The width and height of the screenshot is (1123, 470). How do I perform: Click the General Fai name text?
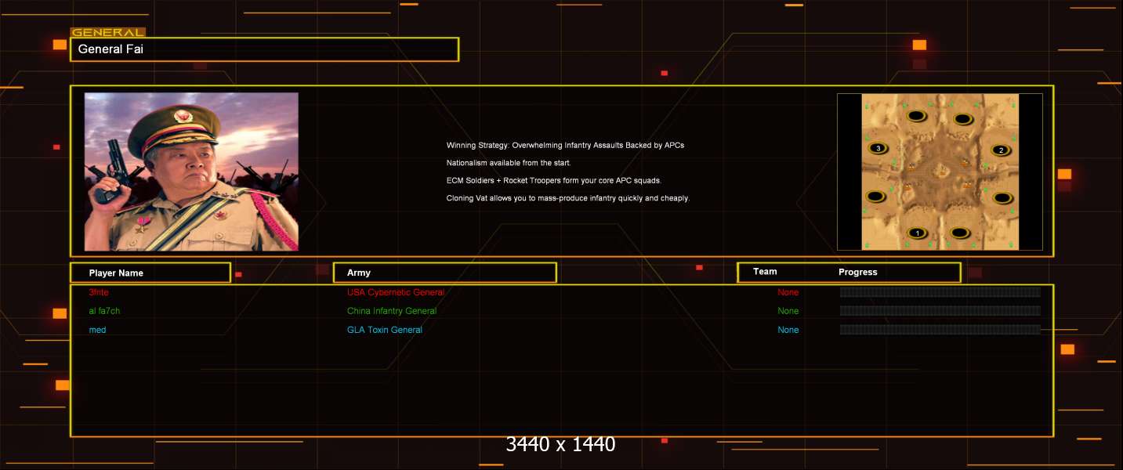coord(110,49)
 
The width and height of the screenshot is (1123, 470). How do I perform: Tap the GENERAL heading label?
coord(108,33)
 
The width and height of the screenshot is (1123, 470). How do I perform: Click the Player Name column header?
coord(116,273)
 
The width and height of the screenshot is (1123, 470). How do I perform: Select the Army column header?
coord(358,273)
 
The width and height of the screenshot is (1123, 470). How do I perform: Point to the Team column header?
coord(765,272)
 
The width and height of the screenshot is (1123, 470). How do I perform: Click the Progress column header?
coord(858,272)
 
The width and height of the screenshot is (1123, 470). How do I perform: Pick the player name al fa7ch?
coord(104,311)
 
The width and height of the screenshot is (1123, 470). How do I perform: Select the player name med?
coord(97,330)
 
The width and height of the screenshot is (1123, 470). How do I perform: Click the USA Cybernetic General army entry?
coord(396,292)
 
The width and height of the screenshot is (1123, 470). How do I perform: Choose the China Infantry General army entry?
coord(392,311)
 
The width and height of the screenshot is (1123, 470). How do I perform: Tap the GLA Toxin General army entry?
coord(385,330)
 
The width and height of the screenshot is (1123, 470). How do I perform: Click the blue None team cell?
coord(788,330)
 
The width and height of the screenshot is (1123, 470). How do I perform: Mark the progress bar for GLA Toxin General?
coord(940,329)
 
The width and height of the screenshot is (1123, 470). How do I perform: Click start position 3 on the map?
coord(878,148)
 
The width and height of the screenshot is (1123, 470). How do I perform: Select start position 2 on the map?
coord(1002,150)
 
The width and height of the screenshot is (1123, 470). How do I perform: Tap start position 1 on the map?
coord(918,233)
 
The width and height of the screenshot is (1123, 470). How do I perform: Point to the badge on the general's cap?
coord(183,117)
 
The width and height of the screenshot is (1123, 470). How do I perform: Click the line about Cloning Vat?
coord(568,198)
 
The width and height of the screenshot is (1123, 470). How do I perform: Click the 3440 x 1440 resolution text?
coord(560,444)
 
